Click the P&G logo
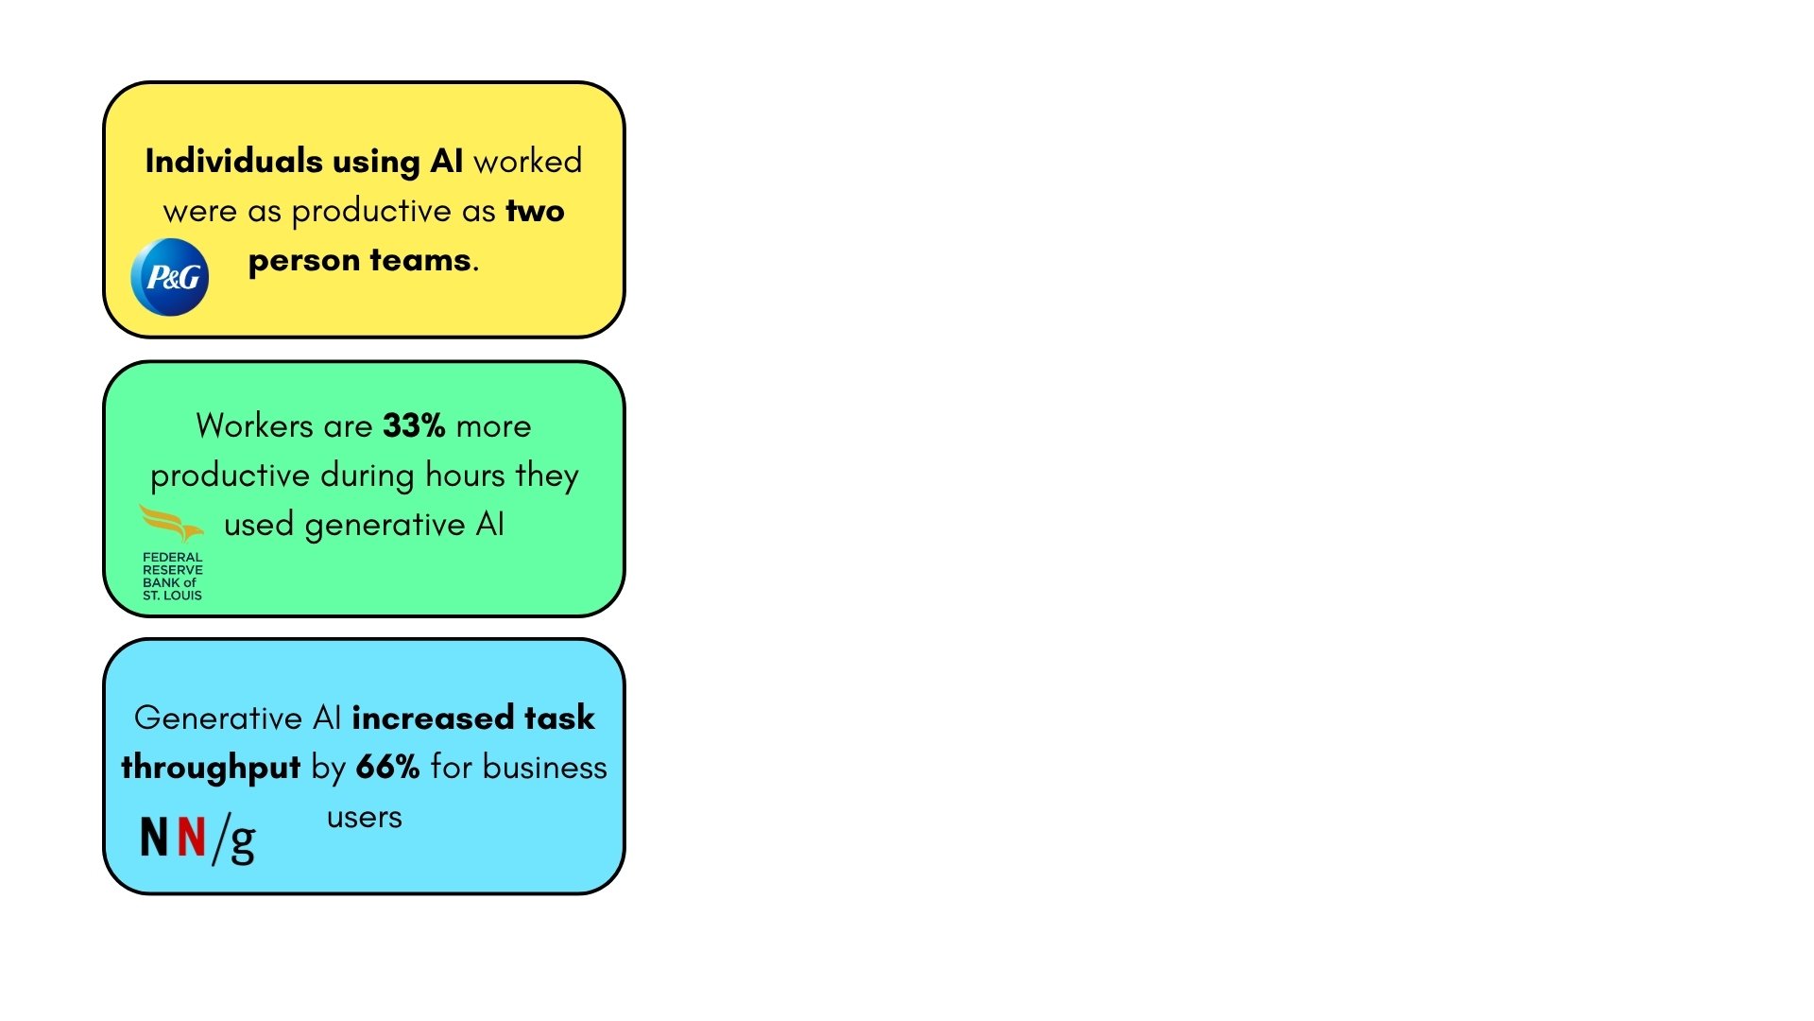[x=170, y=277]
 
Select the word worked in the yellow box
[x=527, y=161]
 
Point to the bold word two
[x=535, y=211]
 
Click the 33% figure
[x=414, y=425]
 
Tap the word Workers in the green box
[x=255, y=425]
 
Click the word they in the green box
[x=547, y=476]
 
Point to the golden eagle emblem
[x=171, y=523]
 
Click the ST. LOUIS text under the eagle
[x=172, y=596]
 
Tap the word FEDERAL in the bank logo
[x=172, y=558]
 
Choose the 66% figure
[x=387, y=767]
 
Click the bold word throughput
[x=211, y=769]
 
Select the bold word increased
[x=434, y=718]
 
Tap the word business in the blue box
[x=545, y=767]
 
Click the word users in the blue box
[x=365, y=818]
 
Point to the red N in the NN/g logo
[x=192, y=837]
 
